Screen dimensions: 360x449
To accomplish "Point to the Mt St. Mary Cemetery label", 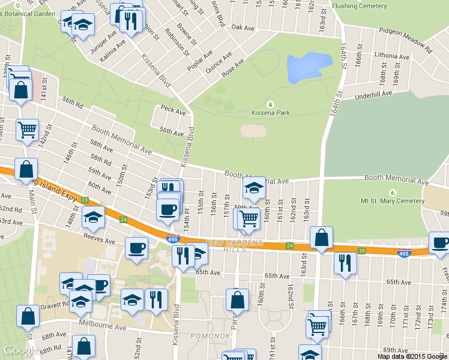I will (x=393, y=200).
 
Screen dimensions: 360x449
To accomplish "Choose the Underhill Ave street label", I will (x=373, y=95).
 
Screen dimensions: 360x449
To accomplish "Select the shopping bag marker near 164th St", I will (x=322, y=238).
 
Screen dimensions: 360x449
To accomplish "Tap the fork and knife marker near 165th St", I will (x=345, y=262).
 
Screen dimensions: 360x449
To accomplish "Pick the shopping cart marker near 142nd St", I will (x=27, y=129).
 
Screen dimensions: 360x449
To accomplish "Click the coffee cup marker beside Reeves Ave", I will (x=136, y=248).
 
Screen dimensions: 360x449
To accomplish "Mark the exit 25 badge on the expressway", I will (x=361, y=250).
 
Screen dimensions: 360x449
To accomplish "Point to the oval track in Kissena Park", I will (x=254, y=131).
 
